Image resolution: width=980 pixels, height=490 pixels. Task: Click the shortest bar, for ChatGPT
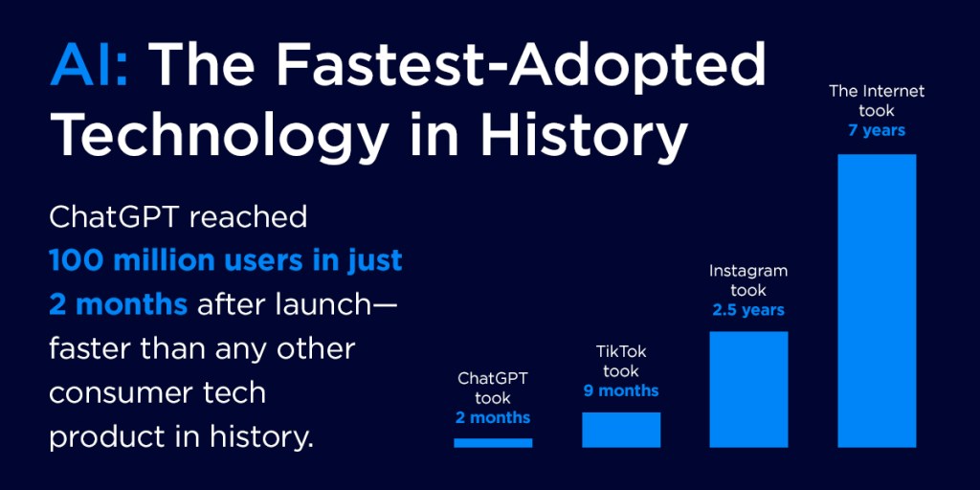[x=493, y=442]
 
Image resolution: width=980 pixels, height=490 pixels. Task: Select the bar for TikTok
[x=621, y=430]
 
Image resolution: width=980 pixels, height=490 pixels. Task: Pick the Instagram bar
[x=748, y=389]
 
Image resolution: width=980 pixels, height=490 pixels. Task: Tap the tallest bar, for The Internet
[x=877, y=301]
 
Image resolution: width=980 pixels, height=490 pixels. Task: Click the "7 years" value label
[x=877, y=130]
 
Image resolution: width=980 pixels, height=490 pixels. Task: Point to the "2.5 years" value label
[x=748, y=310]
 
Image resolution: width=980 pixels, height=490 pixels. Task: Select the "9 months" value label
[x=621, y=390]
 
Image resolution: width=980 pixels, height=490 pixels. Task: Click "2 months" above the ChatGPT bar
[x=493, y=417]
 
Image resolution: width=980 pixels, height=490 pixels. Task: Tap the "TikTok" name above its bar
[x=621, y=352]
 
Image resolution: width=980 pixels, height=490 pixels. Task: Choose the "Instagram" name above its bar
[x=748, y=271]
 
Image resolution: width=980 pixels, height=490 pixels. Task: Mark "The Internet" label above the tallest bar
[x=877, y=92]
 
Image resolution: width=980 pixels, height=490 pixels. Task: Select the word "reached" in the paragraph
[x=248, y=217]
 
